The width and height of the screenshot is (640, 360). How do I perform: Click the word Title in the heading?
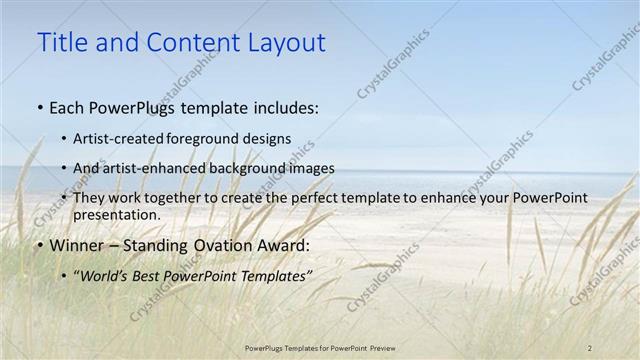click(x=60, y=43)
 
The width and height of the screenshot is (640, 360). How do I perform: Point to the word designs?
click(x=269, y=139)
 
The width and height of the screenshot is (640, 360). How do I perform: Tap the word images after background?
click(x=310, y=168)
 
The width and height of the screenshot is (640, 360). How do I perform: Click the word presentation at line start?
click(x=116, y=214)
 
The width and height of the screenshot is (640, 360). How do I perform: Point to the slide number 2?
click(x=590, y=347)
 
